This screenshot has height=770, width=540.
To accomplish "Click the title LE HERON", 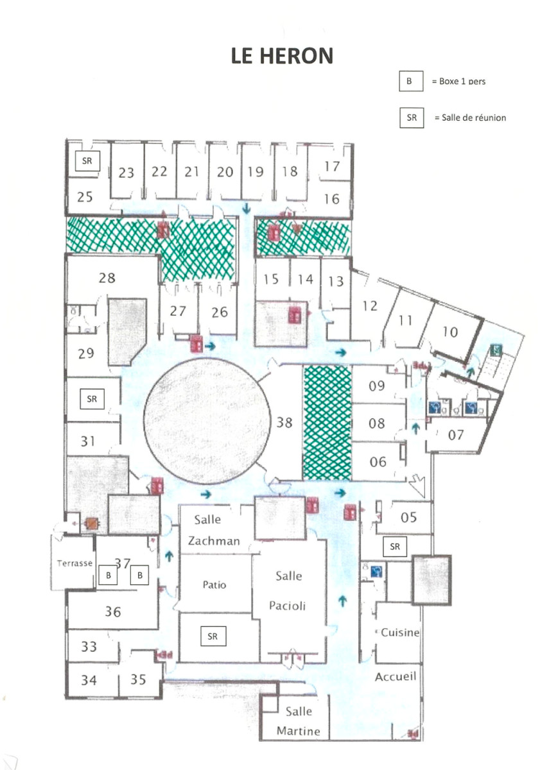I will coord(283,56).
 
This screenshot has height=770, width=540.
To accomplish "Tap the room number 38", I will coord(284,422).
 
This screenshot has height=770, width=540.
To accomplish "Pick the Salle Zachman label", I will coord(213,530).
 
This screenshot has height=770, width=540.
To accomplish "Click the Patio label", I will coord(214,585).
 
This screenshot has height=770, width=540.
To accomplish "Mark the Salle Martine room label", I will coord(298,721).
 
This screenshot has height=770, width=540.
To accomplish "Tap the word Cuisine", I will coord(400,632).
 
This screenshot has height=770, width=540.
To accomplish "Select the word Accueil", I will coord(396,676).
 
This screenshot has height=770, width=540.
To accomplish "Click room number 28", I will coord(107,277).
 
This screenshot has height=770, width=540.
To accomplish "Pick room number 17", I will coord(331,166).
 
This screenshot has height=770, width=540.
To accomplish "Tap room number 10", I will coord(450,332).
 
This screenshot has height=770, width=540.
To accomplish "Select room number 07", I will coord(456,435).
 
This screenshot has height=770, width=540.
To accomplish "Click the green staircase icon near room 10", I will coord(496,350).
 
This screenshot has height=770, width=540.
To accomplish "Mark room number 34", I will coord(89,680).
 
